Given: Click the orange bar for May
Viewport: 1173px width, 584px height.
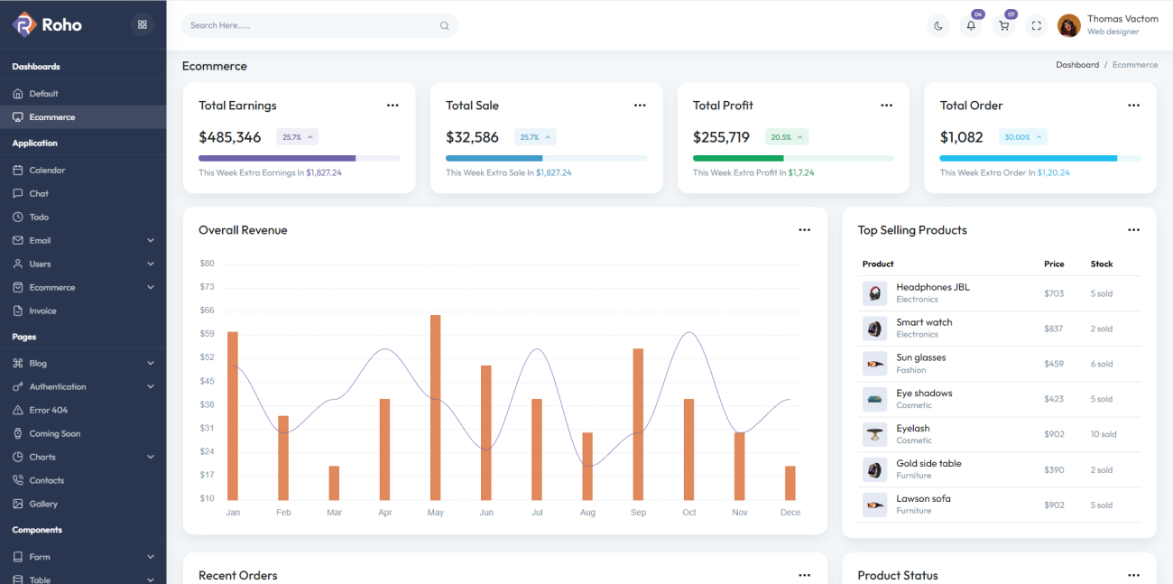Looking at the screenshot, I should click(x=435, y=407).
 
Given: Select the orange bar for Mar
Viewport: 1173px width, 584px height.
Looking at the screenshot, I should click(x=334, y=483).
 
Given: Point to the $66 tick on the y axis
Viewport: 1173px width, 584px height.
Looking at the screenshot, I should click(x=207, y=311).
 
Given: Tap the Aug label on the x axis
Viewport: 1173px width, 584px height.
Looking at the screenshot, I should click(x=587, y=513).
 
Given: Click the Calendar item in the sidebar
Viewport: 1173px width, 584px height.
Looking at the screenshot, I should click(x=47, y=170).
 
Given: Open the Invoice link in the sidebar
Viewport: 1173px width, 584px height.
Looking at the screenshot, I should click(x=42, y=311).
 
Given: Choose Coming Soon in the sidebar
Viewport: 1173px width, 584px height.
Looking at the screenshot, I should click(x=54, y=433).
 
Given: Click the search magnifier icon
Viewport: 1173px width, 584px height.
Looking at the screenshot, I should click(x=444, y=25).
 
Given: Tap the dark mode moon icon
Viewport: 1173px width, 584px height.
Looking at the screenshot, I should click(x=938, y=25).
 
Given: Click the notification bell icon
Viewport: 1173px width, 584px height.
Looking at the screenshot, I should click(x=971, y=25).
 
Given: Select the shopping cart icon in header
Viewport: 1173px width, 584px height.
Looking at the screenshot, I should click(x=1003, y=25).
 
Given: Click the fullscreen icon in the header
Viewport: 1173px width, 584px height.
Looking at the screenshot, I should click(x=1036, y=25).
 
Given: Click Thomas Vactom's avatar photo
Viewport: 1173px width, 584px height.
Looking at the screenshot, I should click(x=1069, y=25).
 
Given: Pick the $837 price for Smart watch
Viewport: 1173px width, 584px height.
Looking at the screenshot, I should click(x=1054, y=329).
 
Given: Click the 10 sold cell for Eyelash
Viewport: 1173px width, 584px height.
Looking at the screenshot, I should click(x=1103, y=434).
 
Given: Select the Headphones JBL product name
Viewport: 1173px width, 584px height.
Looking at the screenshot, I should click(x=932, y=287).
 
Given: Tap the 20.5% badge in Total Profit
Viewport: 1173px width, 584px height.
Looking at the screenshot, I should click(x=786, y=137).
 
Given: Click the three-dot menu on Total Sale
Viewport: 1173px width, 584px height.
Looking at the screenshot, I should click(x=640, y=106).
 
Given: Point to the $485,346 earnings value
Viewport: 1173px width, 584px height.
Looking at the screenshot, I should click(x=230, y=137).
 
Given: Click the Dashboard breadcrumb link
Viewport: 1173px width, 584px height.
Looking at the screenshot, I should click(x=1077, y=65).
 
